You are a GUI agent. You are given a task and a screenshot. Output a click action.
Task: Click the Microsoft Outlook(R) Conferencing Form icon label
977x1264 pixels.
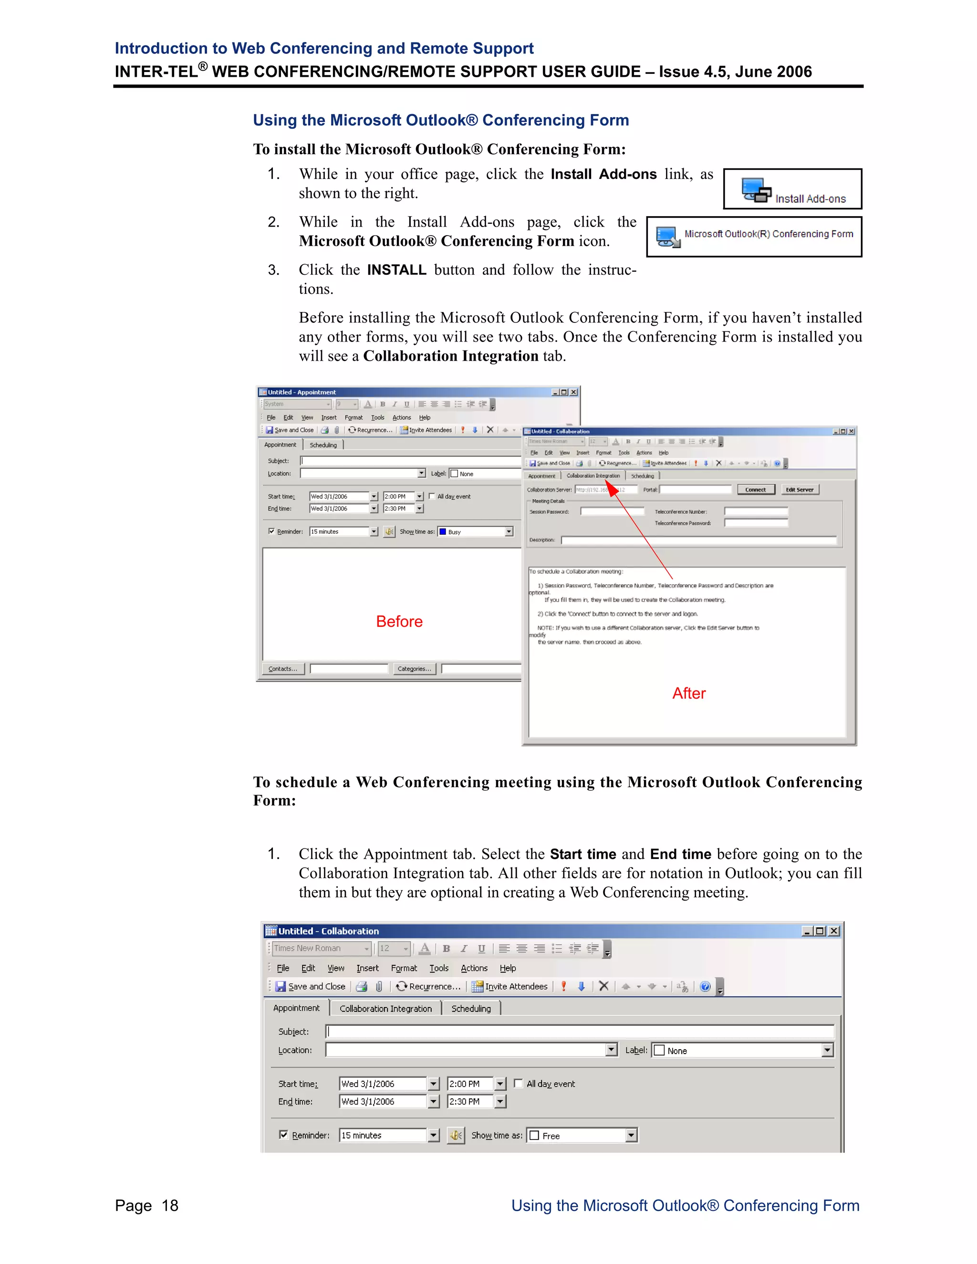pos(768,234)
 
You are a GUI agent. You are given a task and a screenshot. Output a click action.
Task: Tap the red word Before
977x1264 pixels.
pos(399,622)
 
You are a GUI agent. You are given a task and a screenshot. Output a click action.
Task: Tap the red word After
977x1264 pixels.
pos(688,694)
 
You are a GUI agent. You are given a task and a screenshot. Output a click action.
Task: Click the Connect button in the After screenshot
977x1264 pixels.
pos(755,490)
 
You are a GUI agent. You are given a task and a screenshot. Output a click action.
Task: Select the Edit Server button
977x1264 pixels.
pos(800,490)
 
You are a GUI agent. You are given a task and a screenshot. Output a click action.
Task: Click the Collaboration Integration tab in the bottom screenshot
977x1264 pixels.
pos(385,1008)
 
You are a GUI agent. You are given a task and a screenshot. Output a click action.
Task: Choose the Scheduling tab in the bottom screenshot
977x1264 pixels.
pos(470,1008)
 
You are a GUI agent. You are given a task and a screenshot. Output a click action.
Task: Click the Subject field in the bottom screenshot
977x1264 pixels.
pos(579,1031)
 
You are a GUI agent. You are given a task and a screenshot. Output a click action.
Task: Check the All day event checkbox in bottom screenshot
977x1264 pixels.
pos(519,1083)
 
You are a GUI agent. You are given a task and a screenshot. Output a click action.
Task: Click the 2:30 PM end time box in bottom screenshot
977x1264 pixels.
pos(469,1101)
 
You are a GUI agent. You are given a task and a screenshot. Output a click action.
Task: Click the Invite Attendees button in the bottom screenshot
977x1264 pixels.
pos(509,986)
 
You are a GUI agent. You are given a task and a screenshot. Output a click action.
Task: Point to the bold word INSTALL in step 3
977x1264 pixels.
pos(396,270)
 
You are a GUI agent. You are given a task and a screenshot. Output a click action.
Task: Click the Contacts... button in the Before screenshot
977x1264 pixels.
pos(282,668)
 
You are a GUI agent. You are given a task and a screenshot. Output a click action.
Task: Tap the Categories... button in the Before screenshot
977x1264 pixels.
pos(414,668)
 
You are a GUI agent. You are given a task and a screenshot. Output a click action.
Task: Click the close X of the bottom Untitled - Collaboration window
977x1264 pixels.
pos(833,931)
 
